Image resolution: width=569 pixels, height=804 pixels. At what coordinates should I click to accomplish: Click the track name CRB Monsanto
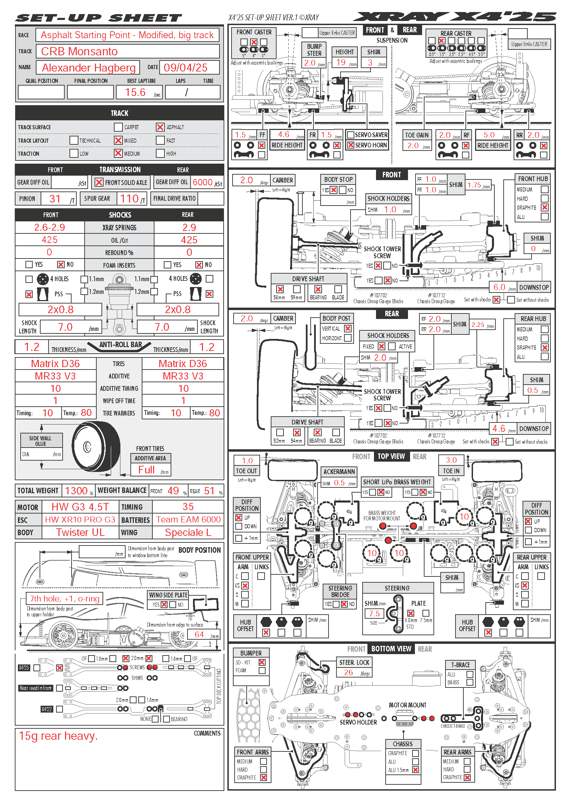(x=79, y=52)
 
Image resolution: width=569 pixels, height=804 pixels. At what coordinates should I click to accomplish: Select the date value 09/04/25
(x=185, y=68)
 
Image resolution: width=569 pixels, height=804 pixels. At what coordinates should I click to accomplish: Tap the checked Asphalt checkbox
(x=160, y=127)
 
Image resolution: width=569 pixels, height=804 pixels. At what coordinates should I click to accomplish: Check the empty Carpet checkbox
(x=118, y=127)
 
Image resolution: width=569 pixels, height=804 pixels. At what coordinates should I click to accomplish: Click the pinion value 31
(x=55, y=199)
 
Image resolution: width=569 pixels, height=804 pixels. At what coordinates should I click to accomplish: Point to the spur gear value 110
(x=129, y=199)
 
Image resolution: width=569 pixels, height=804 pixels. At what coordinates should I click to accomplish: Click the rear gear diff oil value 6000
(x=203, y=182)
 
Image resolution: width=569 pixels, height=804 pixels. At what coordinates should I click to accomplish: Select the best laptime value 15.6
(x=135, y=92)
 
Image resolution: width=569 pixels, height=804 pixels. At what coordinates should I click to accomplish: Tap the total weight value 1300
(x=76, y=491)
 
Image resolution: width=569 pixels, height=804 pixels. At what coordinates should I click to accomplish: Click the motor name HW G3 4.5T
(x=80, y=507)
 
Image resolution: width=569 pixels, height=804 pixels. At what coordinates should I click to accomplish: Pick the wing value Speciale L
(x=188, y=532)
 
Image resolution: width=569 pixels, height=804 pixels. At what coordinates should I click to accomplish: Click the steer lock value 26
(x=348, y=672)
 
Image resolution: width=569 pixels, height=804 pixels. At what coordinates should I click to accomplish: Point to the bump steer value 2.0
(x=310, y=63)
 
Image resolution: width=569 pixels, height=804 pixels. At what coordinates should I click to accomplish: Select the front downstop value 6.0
(x=499, y=287)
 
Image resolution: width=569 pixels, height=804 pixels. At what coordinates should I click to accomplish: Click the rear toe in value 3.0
(x=451, y=460)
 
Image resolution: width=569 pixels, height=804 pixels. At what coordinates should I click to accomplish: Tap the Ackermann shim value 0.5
(x=339, y=483)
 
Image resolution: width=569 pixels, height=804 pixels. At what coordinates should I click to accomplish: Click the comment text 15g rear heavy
(x=58, y=736)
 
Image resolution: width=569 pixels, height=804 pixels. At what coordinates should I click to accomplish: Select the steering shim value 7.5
(x=374, y=614)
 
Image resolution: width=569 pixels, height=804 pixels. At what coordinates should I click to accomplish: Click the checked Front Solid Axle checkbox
(x=99, y=183)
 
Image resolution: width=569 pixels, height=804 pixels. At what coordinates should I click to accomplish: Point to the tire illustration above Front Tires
(x=96, y=447)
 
